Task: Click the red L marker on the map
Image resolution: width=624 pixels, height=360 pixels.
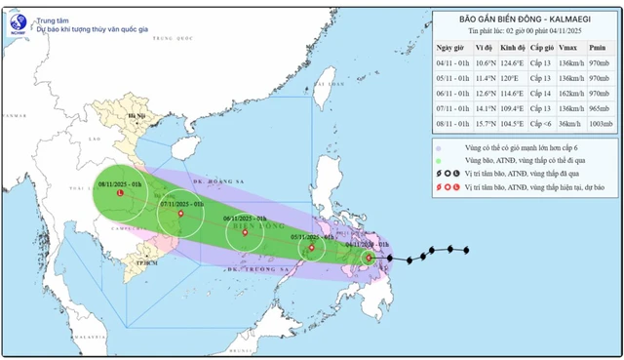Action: pos(120,193)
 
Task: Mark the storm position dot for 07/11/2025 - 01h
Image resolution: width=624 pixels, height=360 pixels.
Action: pos(179,214)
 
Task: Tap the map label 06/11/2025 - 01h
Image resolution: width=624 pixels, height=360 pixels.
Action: pos(243,219)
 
